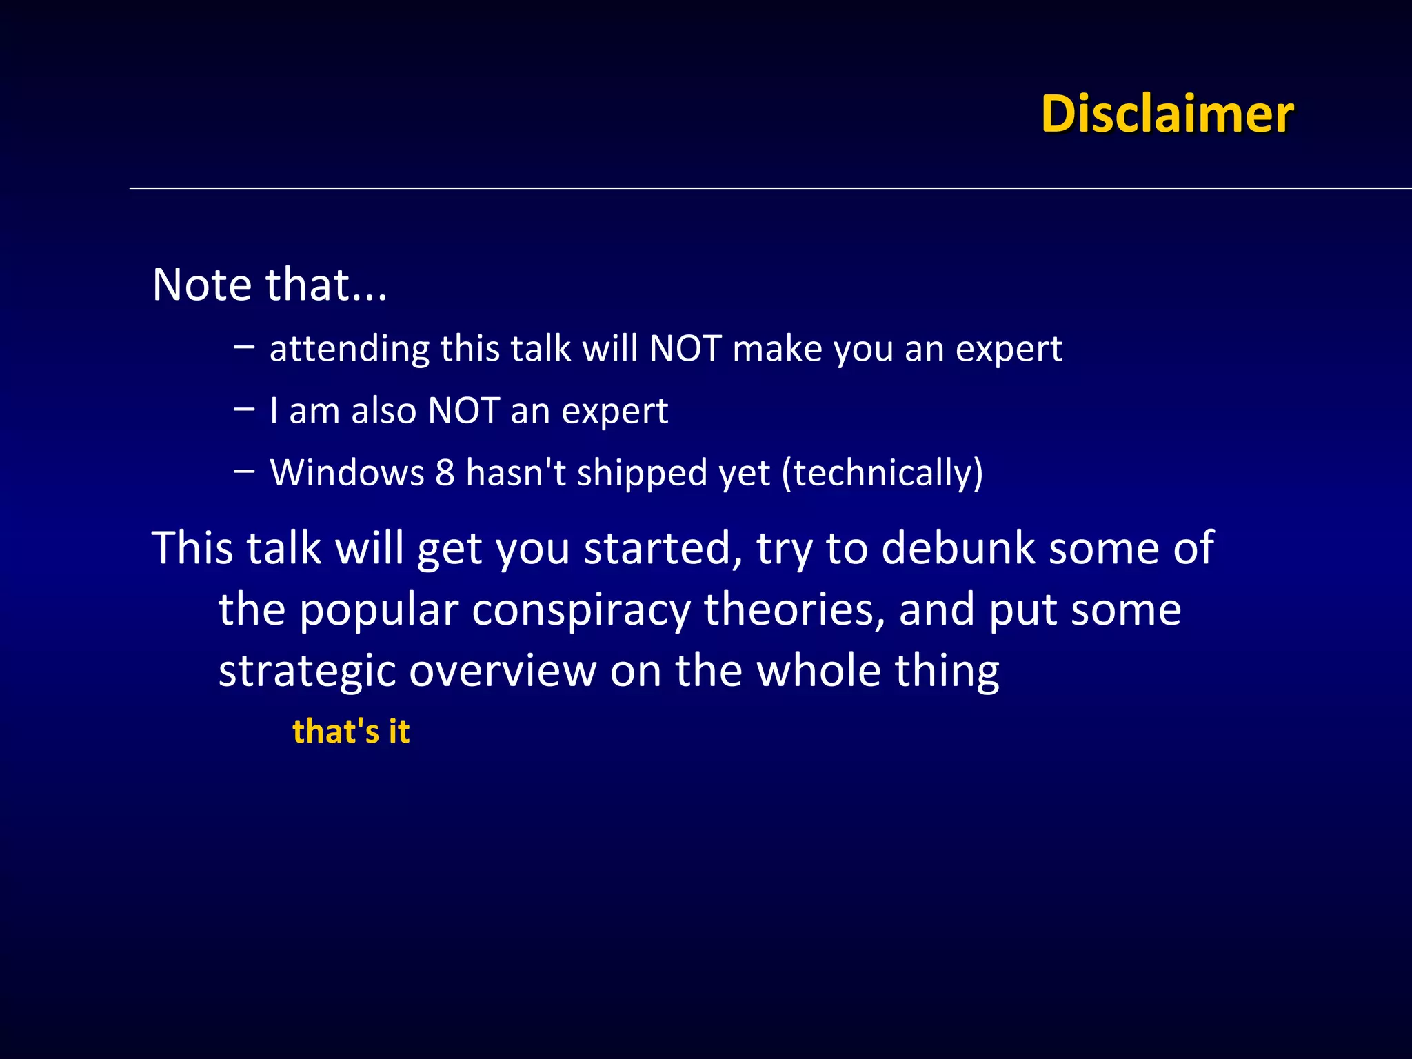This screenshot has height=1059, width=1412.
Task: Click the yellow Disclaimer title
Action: tap(1167, 114)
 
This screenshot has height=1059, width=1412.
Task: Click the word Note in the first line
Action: tap(202, 284)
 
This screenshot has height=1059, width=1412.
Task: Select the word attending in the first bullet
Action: tap(349, 349)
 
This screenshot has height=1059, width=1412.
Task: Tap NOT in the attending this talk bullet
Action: tap(685, 349)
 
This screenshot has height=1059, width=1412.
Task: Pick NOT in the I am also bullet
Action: tap(463, 411)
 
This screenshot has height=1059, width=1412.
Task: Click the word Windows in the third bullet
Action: tap(347, 473)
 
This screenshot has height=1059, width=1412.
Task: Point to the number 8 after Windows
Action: tap(445, 473)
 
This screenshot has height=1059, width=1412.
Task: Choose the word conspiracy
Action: tap(581, 611)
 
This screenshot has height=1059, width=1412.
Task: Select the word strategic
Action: tap(306, 672)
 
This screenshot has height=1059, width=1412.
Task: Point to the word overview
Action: tap(503, 672)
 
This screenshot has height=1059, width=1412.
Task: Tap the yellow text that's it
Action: tap(351, 731)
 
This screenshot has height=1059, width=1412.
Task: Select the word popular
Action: tap(379, 611)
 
